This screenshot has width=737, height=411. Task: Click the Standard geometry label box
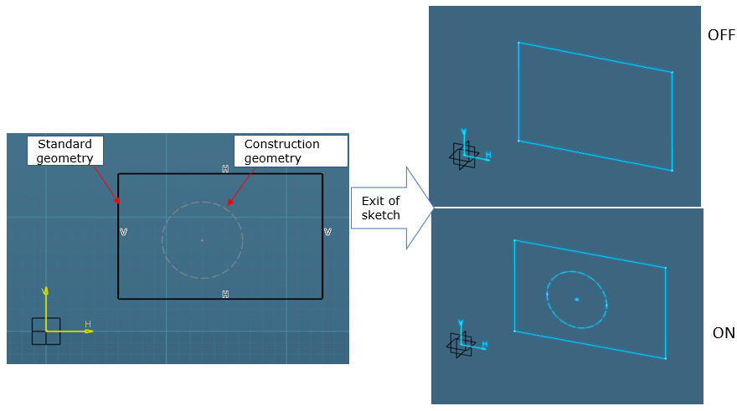[x=66, y=152]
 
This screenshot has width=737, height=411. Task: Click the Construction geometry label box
[x=291, y=152]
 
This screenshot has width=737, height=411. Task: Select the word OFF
[x=720, y=35]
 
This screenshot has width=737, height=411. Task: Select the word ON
[x=723, y=333]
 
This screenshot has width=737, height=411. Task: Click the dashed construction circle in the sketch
[x=162, y=240]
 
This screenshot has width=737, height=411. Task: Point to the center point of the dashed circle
[x=202, y=240]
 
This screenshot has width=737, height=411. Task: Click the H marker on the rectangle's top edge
[x=225, y=169]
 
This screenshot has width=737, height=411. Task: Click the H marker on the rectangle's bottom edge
[x=225, y=294]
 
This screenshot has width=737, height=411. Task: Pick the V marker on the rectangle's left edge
[x=123, y=232]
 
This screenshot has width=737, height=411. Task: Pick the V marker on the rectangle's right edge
[x=327, y=232]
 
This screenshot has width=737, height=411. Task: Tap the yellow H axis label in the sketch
[x=87, y=324]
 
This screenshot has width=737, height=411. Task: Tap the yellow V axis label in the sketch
[x=45, y=290]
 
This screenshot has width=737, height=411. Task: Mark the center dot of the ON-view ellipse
[x=577, y=299]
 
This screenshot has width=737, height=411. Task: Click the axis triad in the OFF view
[x=464, y=154]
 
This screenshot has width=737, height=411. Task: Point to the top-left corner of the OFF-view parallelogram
[x=518, y=43]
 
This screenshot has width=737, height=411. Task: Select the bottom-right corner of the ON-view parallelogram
[x=665, y=358]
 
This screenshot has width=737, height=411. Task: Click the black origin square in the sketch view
[x=46, y=331]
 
